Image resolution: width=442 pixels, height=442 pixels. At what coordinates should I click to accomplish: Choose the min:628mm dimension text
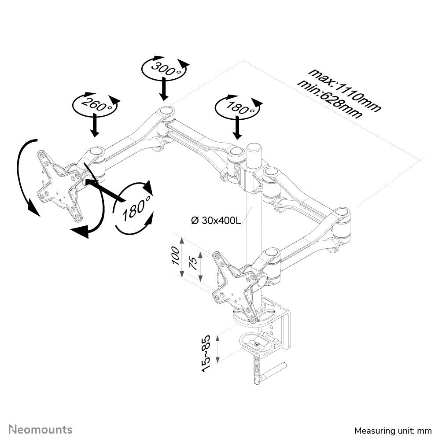[x=330, y=99]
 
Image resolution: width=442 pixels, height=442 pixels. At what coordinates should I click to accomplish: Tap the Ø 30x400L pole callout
[x=216, y=221]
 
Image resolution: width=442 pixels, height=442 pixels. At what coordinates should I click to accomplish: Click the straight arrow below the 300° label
[x=163, y=88]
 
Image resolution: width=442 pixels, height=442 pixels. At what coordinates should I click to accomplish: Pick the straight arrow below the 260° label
[x=94, y=125]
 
